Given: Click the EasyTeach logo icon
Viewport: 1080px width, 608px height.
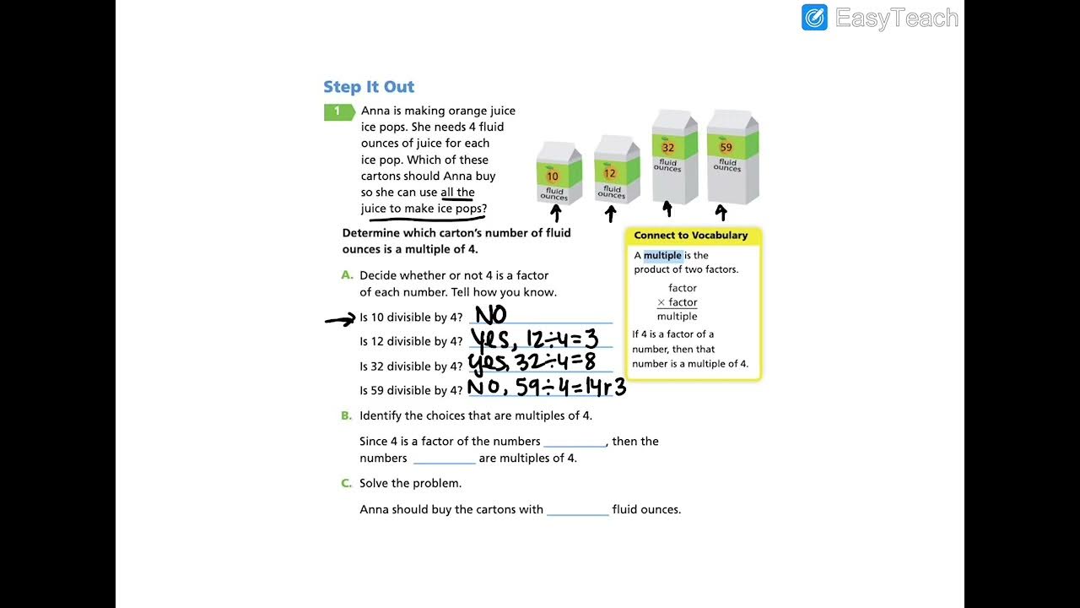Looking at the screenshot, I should point(814,18).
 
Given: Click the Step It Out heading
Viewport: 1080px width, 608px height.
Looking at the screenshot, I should point(369,87).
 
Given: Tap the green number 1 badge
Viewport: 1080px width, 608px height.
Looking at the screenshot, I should point(337,111).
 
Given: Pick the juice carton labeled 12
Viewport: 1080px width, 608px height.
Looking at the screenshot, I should point(616,170).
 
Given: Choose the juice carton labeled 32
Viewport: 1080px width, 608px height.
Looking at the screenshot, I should point(673,157).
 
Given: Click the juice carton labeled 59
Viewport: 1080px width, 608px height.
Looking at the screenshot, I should point(732,157).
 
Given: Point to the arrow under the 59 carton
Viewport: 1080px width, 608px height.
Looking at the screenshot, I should point(721,212).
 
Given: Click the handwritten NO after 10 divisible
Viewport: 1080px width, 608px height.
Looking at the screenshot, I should point(491,316).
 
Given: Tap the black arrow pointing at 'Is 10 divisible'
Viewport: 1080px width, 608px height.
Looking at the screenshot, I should point(340,319).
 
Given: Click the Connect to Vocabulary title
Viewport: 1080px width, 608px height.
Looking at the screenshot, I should point(691,236).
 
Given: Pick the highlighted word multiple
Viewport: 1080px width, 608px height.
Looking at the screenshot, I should point(662,255).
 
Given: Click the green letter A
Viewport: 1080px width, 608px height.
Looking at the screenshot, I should point(347,275).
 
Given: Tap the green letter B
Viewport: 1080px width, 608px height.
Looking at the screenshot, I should point(346,415).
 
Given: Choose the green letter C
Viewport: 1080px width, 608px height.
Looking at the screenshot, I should point(346,483).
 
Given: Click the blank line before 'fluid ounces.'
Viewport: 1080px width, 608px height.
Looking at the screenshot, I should point(577,510).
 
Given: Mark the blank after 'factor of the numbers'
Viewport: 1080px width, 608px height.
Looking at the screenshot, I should point(574,442).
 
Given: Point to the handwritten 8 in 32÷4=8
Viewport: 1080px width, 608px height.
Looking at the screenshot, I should point(589,362).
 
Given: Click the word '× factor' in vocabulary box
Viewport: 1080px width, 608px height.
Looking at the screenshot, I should point(678,302).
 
